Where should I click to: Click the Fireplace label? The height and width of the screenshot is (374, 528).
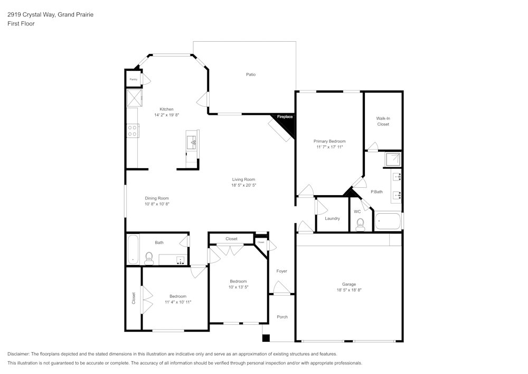(x=285, y=117)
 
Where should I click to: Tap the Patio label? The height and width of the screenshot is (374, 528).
(x=251, y=75)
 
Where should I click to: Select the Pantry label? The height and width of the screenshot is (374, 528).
(x=134, y=79)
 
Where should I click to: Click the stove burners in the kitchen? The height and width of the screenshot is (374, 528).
(x=133, y=131)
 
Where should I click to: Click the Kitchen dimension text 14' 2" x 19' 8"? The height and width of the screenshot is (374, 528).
(x=166, y=115)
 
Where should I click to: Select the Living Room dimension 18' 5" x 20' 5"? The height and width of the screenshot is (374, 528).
(x=243, y=185)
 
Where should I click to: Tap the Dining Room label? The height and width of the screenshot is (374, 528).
(x=157, y=198)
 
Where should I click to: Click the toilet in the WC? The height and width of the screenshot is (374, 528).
(x=360, y=224)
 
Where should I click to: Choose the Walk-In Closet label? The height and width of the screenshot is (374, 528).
(x=383, y=121)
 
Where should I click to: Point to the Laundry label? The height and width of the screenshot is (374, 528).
(x=332, y=218)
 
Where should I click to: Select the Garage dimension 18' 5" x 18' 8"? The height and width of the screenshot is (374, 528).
(x=348, y=290)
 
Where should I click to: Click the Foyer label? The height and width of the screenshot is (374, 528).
(x=282, y=271)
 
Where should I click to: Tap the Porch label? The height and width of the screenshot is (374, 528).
(x=282, y=317)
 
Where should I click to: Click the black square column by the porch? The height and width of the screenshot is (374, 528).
(x=266, y=337)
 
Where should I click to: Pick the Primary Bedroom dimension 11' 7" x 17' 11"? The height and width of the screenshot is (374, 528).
(x=329, y=147)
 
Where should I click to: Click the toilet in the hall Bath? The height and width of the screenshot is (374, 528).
(x=149, y=258)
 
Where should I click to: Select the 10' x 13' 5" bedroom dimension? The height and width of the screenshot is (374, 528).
(x=238, y=287)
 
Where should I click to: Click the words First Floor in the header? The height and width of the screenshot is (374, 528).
(x=21, y=24)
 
